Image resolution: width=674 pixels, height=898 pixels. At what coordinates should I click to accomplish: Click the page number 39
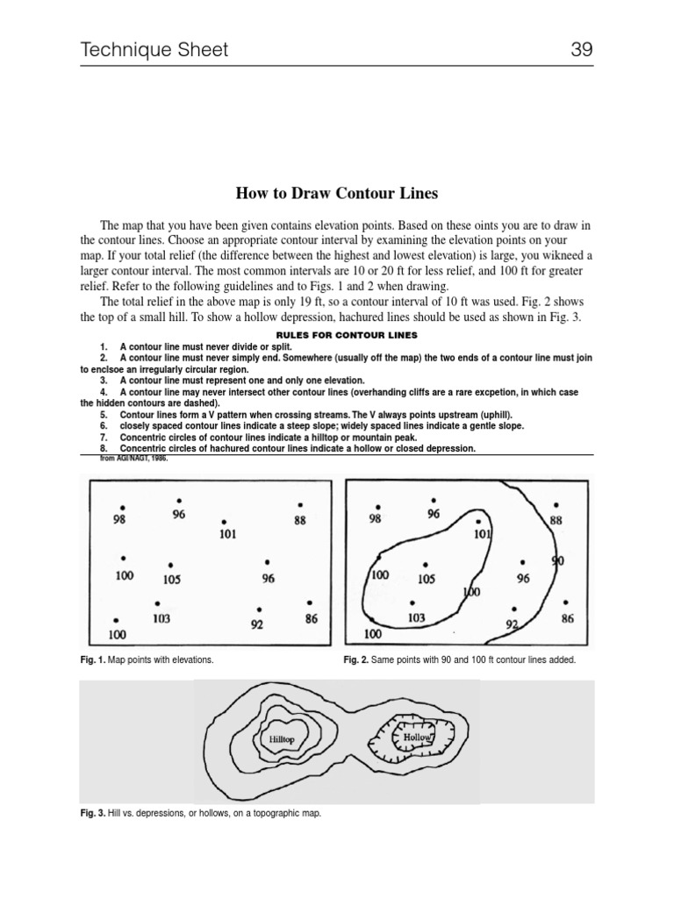click(x=582, y=50)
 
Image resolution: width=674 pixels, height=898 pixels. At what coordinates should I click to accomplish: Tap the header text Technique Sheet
click(x=154, y=50)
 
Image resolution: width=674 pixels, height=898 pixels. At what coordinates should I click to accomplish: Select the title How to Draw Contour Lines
click(x=336, y=193)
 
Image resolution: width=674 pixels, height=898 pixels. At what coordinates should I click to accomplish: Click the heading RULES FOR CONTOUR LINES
click(x=335, y=335)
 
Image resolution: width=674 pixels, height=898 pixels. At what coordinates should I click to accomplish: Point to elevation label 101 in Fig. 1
click(x=227, y=533)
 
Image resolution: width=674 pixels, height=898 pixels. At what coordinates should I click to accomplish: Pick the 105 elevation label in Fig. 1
click(x=172, y=579)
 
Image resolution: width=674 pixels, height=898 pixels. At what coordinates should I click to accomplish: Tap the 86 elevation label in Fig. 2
click(x=567, y=618)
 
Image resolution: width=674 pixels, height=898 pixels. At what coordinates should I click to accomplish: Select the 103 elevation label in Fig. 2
click(x=416, y=618)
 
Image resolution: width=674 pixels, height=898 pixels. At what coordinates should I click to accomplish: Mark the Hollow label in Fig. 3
click(x=417, y=738)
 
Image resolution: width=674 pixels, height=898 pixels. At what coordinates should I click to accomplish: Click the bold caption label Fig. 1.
click(x=90, y=659)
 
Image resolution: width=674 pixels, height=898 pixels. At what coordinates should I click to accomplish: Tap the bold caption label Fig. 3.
click(x=90, y=813)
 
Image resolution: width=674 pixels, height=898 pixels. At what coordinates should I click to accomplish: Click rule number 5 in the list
click(x=104, y=414)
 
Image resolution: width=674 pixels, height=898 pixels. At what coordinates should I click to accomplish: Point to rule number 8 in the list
click(x=104, y=448)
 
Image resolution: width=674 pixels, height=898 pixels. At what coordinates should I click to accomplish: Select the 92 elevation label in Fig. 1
click(x=257, y=626)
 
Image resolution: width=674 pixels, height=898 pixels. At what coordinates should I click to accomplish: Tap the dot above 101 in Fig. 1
click(x=226, y=521)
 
